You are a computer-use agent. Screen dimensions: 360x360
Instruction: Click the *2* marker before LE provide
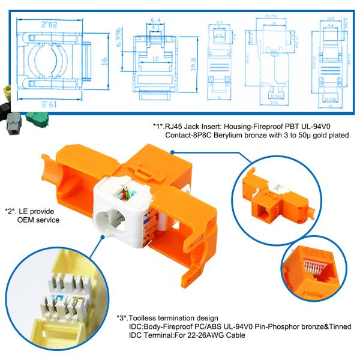pyautogui.click(x=11, y=211)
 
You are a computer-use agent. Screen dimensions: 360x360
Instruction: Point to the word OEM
pyautogui.click(x=27, y=220)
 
